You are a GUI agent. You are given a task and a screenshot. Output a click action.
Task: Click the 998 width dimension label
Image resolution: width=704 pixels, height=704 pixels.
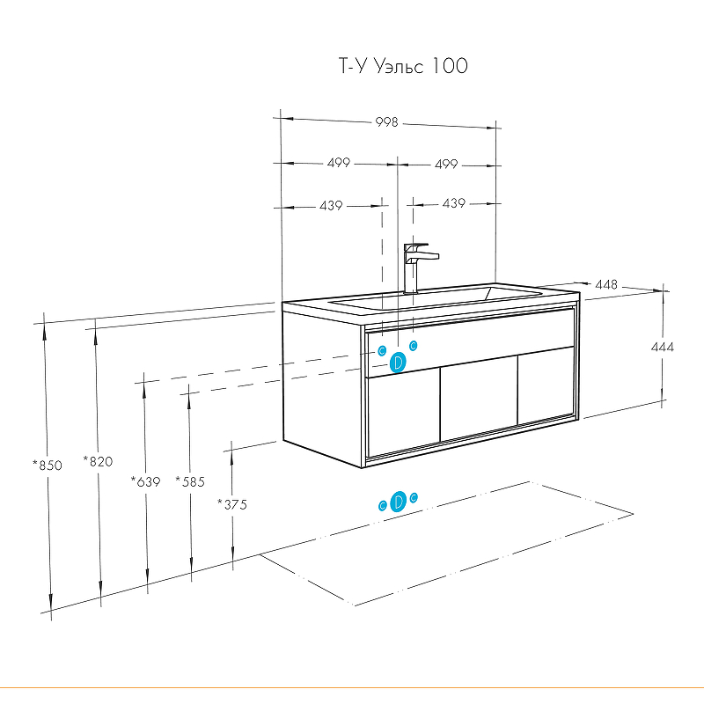(388, 122)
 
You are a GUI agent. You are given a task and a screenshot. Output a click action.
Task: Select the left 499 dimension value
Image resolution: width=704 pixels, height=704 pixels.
(338, 163)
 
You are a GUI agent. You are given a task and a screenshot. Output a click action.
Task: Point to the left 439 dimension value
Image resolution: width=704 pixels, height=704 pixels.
(331, 205)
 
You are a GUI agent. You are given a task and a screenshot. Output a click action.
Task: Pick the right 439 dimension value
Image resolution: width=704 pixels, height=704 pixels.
(453, 204)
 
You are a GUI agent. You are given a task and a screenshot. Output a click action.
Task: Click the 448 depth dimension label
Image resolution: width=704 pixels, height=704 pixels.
(606, 285)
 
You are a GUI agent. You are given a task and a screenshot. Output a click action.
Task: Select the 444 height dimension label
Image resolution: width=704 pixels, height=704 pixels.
(663, 348)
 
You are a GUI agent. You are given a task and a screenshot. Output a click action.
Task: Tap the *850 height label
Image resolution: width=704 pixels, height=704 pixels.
(48, 465)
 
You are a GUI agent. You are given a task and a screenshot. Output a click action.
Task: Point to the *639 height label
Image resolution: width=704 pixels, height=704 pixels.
(145, 481)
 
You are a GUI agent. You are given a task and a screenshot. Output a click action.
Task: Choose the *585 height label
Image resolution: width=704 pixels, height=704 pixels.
(189, 481)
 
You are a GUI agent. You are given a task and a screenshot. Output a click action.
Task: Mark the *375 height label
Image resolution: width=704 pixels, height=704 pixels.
(232, 504)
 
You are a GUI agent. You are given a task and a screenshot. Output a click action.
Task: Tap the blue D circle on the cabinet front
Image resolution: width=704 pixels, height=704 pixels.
(398, 362)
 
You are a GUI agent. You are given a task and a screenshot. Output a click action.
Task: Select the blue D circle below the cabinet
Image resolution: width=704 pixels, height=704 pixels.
(398, 502)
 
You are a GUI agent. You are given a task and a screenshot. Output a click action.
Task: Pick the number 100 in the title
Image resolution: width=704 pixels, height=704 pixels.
(450, 66)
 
